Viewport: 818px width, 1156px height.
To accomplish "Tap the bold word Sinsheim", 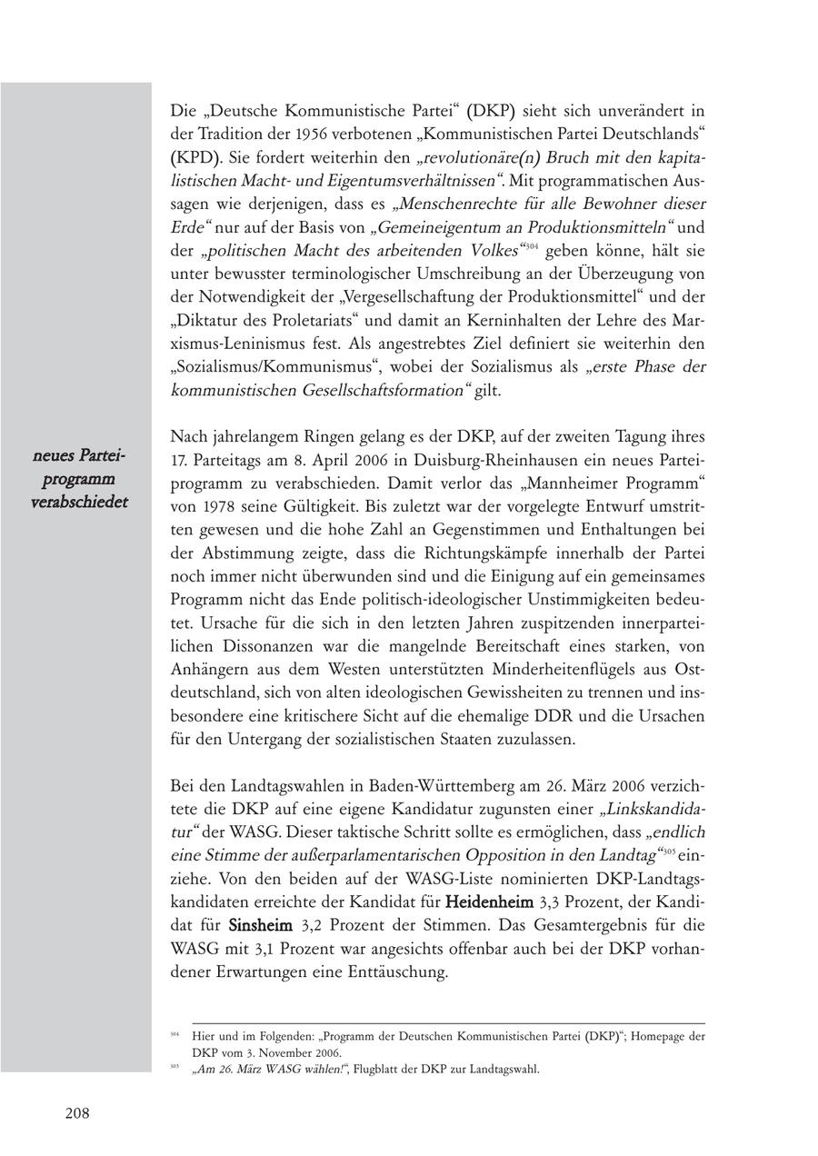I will click(260, 926).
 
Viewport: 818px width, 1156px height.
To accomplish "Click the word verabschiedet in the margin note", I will click(79, 502).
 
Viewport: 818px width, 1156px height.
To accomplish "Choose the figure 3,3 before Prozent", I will click(555, 902).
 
